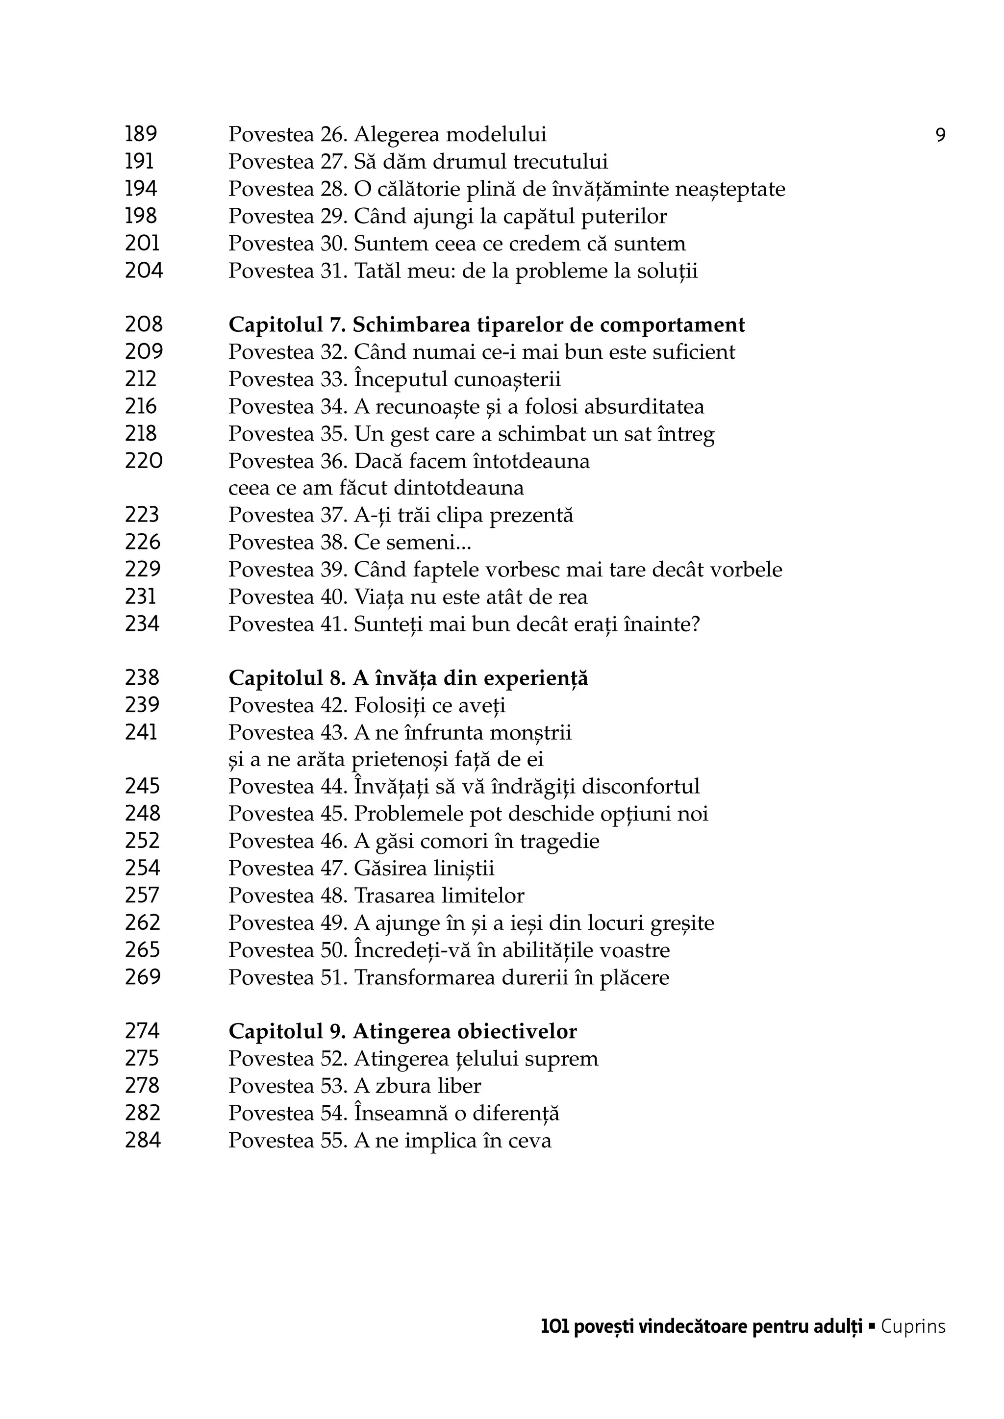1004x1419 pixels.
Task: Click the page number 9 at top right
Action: coord(940,135)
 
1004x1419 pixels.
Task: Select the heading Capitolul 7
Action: coord(486,324)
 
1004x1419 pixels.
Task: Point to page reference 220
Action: coord(144,461)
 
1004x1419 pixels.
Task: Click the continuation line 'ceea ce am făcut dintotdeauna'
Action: coord(376,488)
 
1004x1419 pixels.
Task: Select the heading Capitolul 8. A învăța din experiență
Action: coord(408,678)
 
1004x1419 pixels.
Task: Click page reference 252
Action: coord(142,841)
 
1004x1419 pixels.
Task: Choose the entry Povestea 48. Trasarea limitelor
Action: coord(376,896)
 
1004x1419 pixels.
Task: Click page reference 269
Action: coord(142,977)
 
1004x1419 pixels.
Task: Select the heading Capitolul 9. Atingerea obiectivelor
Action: coord(402,1031)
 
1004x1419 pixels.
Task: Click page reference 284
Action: coord(142,1140)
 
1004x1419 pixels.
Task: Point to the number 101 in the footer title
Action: coord(554,1327)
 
